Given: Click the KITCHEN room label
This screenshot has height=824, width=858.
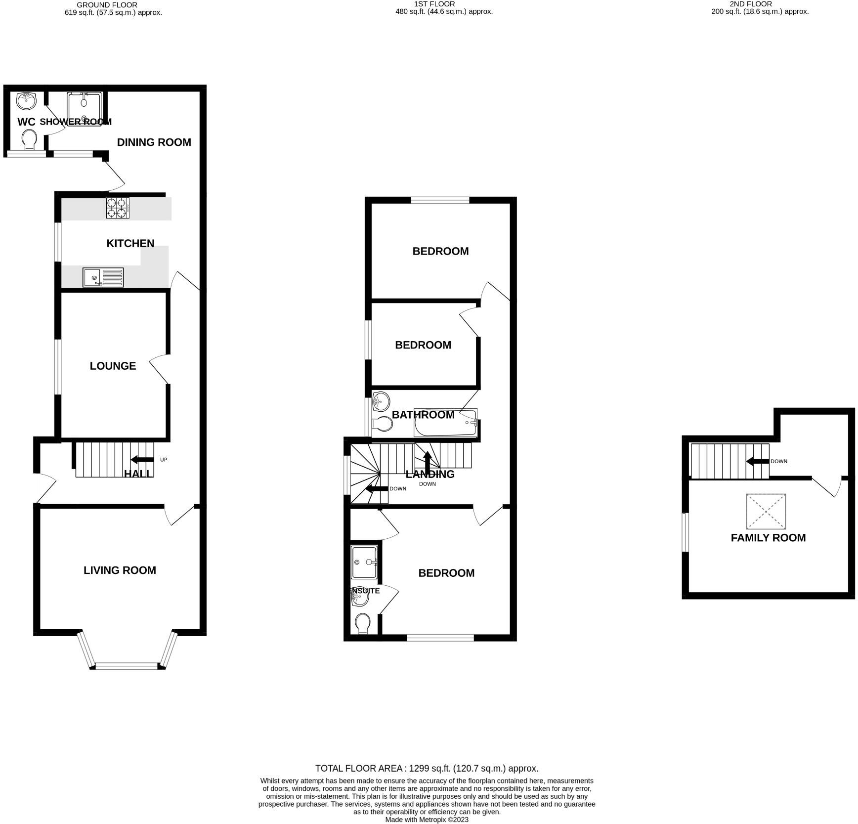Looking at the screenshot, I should [130, 243].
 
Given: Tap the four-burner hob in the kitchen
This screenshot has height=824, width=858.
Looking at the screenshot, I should [118, 208].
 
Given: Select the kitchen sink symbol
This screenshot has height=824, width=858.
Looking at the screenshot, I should [103, 277].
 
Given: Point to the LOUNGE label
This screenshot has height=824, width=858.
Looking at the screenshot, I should [113, 366].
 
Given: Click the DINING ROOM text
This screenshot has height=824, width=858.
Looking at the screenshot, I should [154, 142].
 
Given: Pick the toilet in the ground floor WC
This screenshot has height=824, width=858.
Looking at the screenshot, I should [29, 139].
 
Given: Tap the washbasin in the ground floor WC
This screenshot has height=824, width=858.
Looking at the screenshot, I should [26, 101].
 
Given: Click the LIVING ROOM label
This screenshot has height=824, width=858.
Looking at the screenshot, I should [120, 570].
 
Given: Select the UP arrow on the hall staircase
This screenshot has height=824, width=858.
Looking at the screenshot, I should [142, 460].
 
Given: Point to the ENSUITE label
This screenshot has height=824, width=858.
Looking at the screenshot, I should [365, 591].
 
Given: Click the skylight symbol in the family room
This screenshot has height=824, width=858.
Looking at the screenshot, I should [766, 511].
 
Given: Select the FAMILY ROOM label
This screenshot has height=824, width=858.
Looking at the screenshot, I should [768, 538].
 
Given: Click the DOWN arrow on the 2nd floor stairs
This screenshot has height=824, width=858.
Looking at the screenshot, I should [757, 461].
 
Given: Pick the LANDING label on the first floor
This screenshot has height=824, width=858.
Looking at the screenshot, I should [430, 474].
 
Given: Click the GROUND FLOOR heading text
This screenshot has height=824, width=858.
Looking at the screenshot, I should [107, 5].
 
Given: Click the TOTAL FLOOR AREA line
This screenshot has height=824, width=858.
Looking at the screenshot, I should [427, 769].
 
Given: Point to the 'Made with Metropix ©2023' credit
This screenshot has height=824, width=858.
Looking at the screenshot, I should [427, 820].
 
